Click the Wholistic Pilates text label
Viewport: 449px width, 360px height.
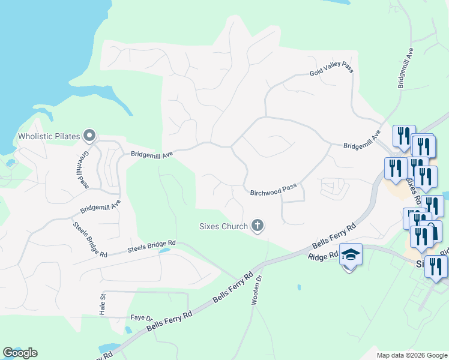(x=49, y=136)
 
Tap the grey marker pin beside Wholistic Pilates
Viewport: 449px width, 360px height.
(x=90, y=136)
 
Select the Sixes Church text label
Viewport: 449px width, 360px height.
(x=223, y=226)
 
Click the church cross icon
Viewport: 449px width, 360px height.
(x=258, y=226)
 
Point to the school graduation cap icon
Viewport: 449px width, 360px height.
(x=351, y=256)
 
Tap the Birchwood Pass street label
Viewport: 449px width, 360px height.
(x=274, y=189)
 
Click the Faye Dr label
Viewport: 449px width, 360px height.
(x=142, y=317)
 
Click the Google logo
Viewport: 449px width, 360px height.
(x=20, y=353)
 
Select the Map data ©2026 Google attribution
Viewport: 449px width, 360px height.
(x=411, y=355)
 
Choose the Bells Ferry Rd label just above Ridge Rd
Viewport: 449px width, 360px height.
(x=334, y=236)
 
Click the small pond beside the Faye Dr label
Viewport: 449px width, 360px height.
(x=127, y=329)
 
